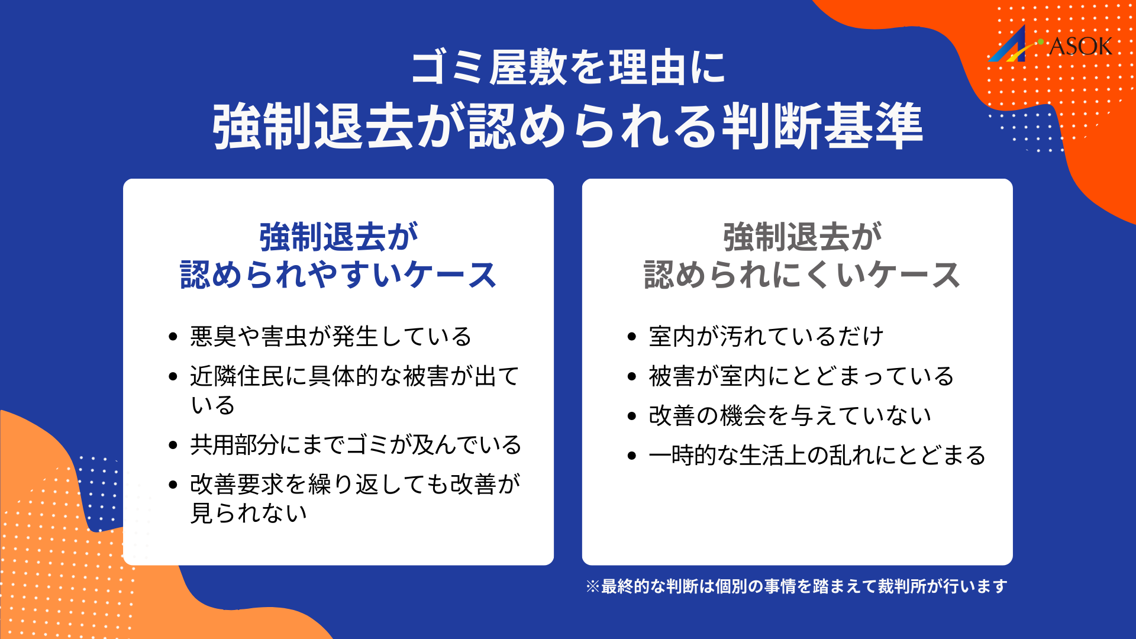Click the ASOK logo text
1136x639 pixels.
[1080, 46]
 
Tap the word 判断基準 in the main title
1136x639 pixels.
[822, 126]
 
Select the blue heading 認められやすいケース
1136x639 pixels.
[338, 275]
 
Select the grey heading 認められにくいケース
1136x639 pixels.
[802, 275]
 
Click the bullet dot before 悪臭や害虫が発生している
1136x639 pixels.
[173, 337]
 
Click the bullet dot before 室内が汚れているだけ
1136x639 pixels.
[632, 337]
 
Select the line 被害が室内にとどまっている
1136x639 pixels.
[801, 376]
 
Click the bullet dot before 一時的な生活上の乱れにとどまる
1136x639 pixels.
[632, 456]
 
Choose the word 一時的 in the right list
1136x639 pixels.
[683, 456]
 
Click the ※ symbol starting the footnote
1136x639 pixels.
[593, 586]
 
